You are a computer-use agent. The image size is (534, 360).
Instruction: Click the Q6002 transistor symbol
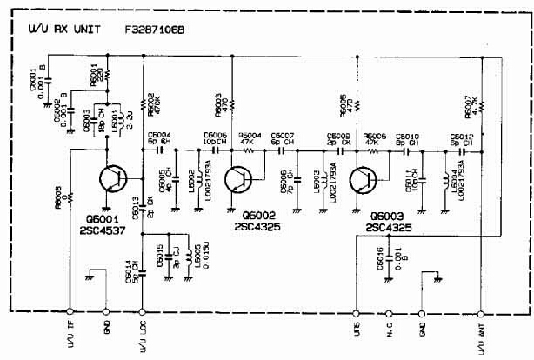coord(237,180)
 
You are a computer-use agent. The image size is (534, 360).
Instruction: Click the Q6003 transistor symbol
coord(362,180)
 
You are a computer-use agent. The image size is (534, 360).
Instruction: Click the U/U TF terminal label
coord(69,330)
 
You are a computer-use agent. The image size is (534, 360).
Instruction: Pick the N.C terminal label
coord(390,328)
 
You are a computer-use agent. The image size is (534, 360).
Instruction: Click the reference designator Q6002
coord(261,215)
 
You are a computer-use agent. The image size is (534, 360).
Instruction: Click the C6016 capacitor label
coord(380,259)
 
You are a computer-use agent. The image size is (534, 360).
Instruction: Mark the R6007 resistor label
coord(470,104)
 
